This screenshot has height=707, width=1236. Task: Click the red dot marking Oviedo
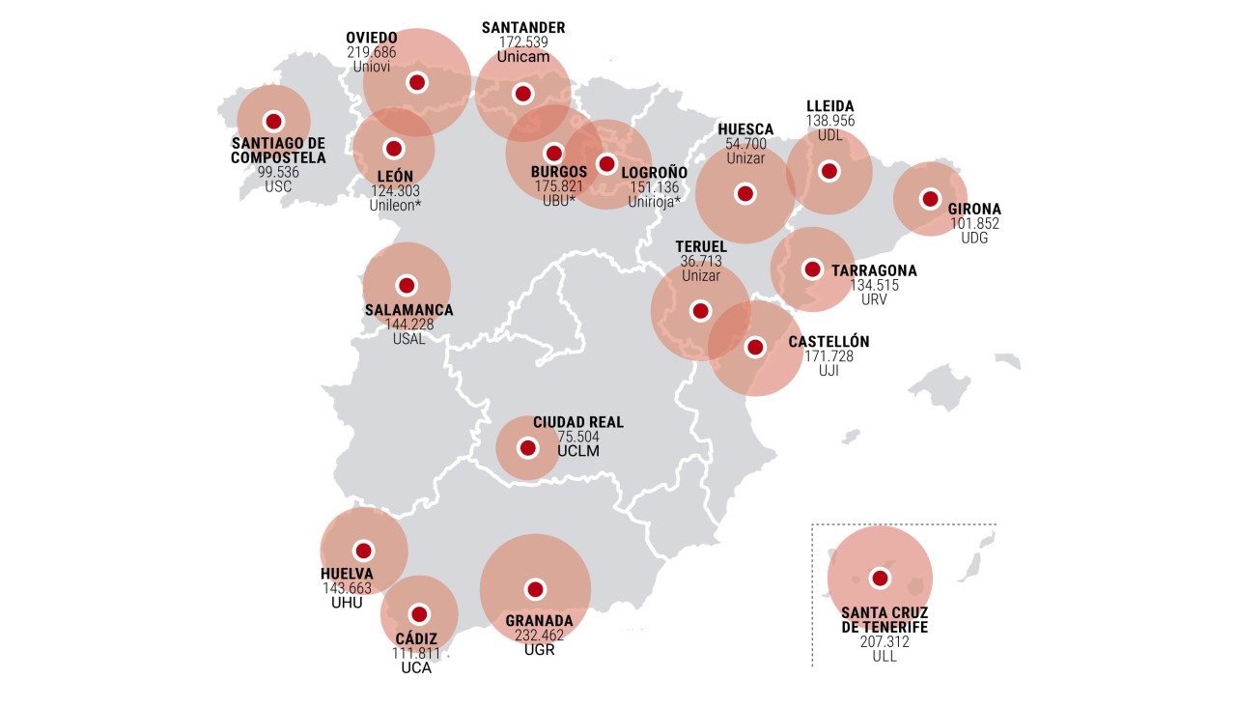tap(417, 82)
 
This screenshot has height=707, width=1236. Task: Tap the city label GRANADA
tap(539, 621)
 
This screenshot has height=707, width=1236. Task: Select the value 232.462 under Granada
tap(539, 636)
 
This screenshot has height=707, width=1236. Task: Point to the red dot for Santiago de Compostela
tap(273, 121)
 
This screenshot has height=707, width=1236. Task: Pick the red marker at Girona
tap(930, 198)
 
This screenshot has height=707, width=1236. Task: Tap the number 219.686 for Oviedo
tap(372, 52)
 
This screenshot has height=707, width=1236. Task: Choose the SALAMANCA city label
tap(408, 310)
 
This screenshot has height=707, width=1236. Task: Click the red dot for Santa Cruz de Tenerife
tap(880, 578)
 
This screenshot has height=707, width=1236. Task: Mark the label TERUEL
tap(701, 247)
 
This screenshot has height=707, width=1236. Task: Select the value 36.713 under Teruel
tap(701, 262)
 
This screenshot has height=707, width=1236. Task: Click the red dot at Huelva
tap(364, 551)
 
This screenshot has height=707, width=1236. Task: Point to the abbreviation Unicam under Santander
tap(522, 56)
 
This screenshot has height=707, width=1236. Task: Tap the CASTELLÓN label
tap(829, 342)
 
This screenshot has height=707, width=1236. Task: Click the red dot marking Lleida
tap(829, 171)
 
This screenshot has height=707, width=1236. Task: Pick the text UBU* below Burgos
tap(558, 201)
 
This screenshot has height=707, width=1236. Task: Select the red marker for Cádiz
tap(419, 614)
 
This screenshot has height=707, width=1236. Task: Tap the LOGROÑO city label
tap(654, 173)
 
